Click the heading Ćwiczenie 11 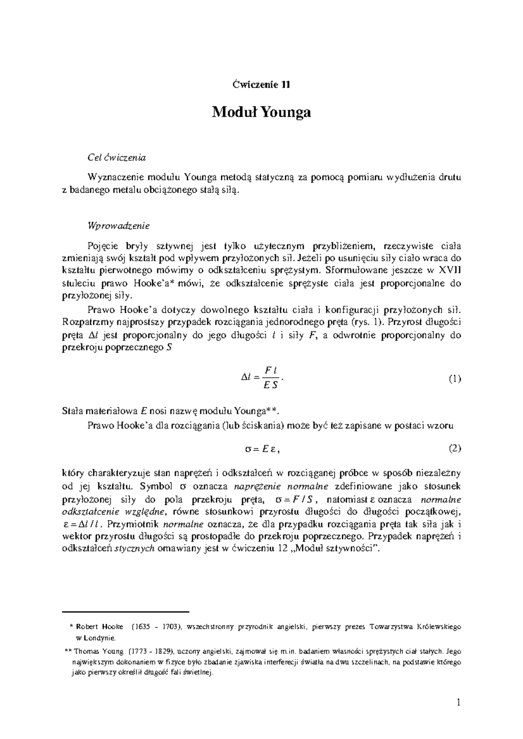[x=261, y=84]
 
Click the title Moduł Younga [x=261, y=112]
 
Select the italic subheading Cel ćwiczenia [x=116, y=158]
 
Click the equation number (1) [x=455, y=378]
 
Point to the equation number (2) [x=455, y=448]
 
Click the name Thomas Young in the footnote [x=99, y=652]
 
